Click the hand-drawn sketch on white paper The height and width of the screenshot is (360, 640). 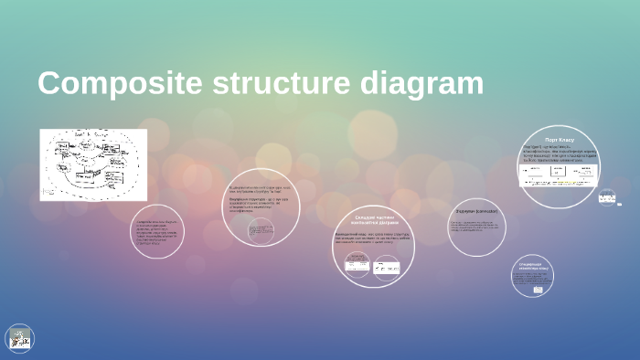(93, 164)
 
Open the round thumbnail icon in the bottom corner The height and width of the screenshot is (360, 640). (19, 339)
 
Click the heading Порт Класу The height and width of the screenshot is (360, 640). (560, 140)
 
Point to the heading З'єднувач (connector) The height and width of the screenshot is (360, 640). (475, 211)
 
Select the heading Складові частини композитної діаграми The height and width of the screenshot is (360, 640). (372, 219)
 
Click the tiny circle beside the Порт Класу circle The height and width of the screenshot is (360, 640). (607, 196)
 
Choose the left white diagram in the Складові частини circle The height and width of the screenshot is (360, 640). (357, 266)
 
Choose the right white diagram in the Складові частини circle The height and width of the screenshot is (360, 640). (388, 268)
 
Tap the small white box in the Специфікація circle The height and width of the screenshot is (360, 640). (530, 283)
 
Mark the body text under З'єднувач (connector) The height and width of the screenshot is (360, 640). (475, 225)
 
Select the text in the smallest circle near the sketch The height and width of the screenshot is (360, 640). (157, 232)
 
